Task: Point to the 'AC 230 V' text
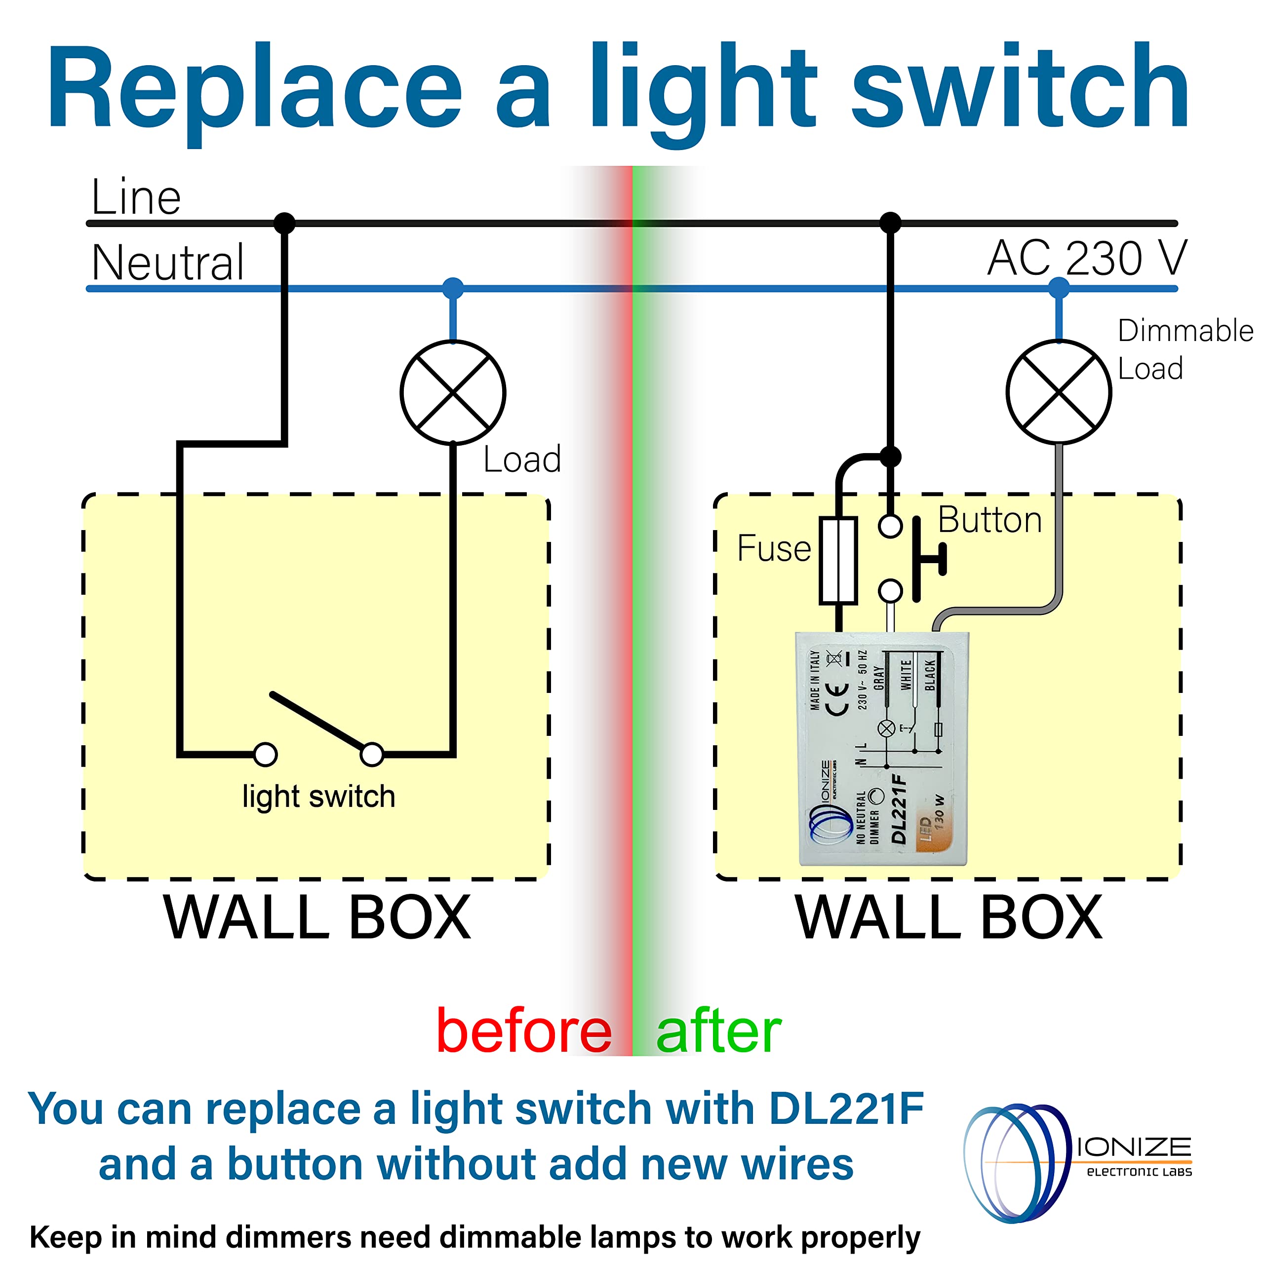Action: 1087,258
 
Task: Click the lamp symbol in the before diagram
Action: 453,392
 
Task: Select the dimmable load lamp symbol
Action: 1059,392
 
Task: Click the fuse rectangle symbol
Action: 838,561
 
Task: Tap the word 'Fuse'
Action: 774,548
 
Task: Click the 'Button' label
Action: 990,520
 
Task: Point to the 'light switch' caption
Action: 318,797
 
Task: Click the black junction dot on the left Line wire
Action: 284,223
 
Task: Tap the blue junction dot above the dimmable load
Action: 1059,288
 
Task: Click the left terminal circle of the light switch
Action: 265,754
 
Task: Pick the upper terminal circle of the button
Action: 890,525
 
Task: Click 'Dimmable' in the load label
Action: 1185,331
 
